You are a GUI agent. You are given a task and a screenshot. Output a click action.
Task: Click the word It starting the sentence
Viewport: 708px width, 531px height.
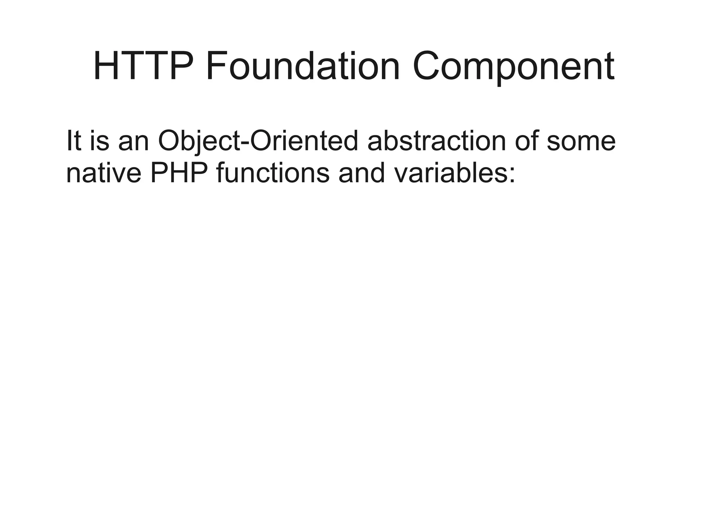(x=74, y=141)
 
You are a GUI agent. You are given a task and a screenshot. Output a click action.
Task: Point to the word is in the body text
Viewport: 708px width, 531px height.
(x=99, y=141)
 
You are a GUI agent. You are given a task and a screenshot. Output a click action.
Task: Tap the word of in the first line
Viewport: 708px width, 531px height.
(x=527, y=141)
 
